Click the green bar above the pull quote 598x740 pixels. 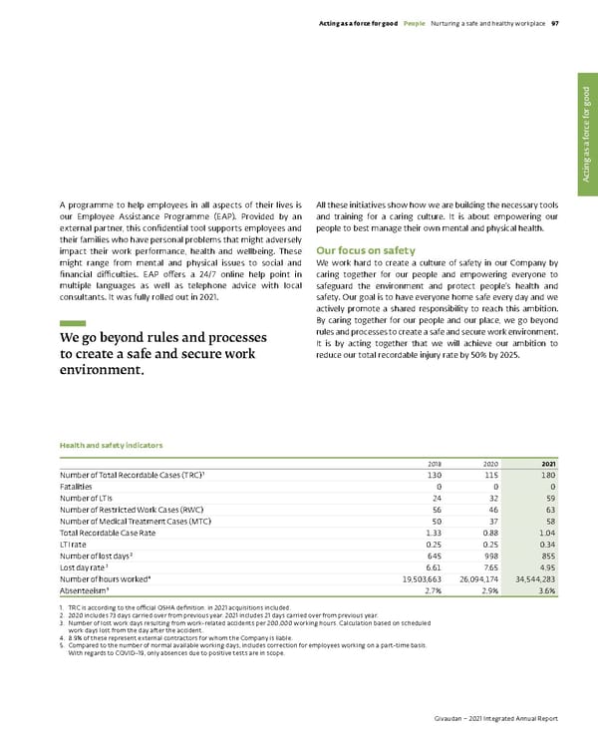(x=73, y=324)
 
